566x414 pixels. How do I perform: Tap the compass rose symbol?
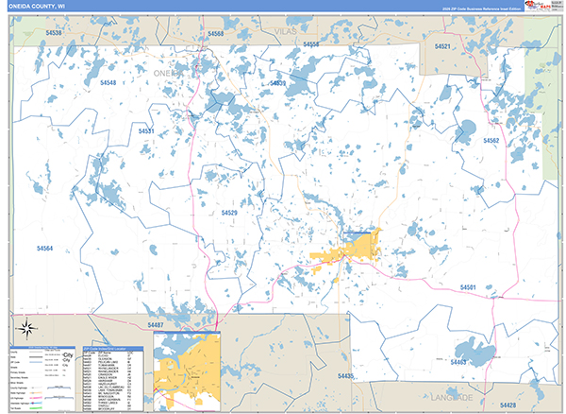point(26,331)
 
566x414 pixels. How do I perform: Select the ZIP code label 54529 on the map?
point(229,214)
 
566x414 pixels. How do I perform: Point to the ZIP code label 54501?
point(469,286)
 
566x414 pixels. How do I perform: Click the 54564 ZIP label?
point(45,249)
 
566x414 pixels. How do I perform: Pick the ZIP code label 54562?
point(491,140)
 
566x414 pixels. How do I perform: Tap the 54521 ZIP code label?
point(442,46)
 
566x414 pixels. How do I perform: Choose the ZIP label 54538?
point(54,33)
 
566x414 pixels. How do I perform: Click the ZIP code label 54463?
point(458,362)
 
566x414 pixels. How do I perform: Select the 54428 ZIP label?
point(531,379)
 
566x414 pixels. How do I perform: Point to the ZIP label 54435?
point(345,376)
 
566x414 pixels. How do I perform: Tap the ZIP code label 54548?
point(108,83)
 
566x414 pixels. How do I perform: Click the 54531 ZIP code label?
point(146,131)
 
